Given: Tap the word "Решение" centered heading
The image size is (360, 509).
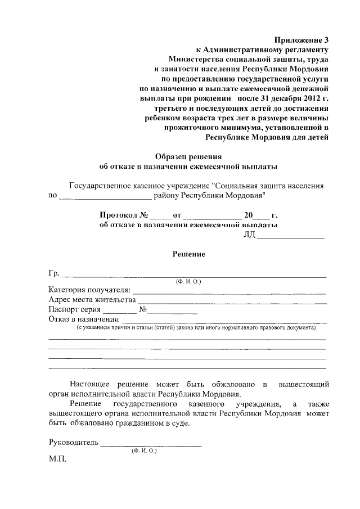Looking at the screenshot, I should click(188, 254).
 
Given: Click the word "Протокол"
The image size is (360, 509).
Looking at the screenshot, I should click(118, 215).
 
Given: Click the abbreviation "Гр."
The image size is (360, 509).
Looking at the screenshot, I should click(55, 274).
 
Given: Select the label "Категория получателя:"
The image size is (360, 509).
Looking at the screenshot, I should click(90, 290).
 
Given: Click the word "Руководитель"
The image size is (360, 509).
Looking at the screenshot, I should click(74, 442).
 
